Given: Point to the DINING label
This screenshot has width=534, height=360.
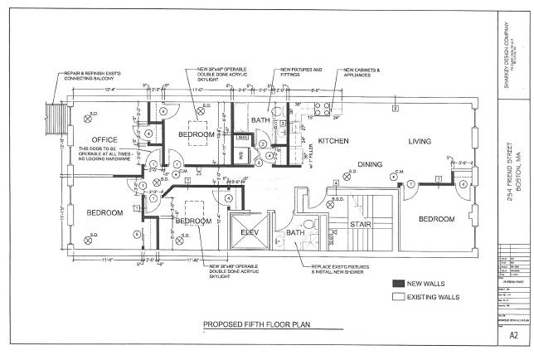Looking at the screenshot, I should pyautogui.click(x=370, y=164).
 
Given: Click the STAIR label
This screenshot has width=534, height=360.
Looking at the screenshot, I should pyautogui.click(x=359, y=224).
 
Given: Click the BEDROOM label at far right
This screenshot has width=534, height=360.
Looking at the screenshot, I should pyautogui.click(x=436, y=219).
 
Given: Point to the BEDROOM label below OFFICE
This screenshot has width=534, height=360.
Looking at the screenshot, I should pyautogui.click(x=104, y=213).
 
